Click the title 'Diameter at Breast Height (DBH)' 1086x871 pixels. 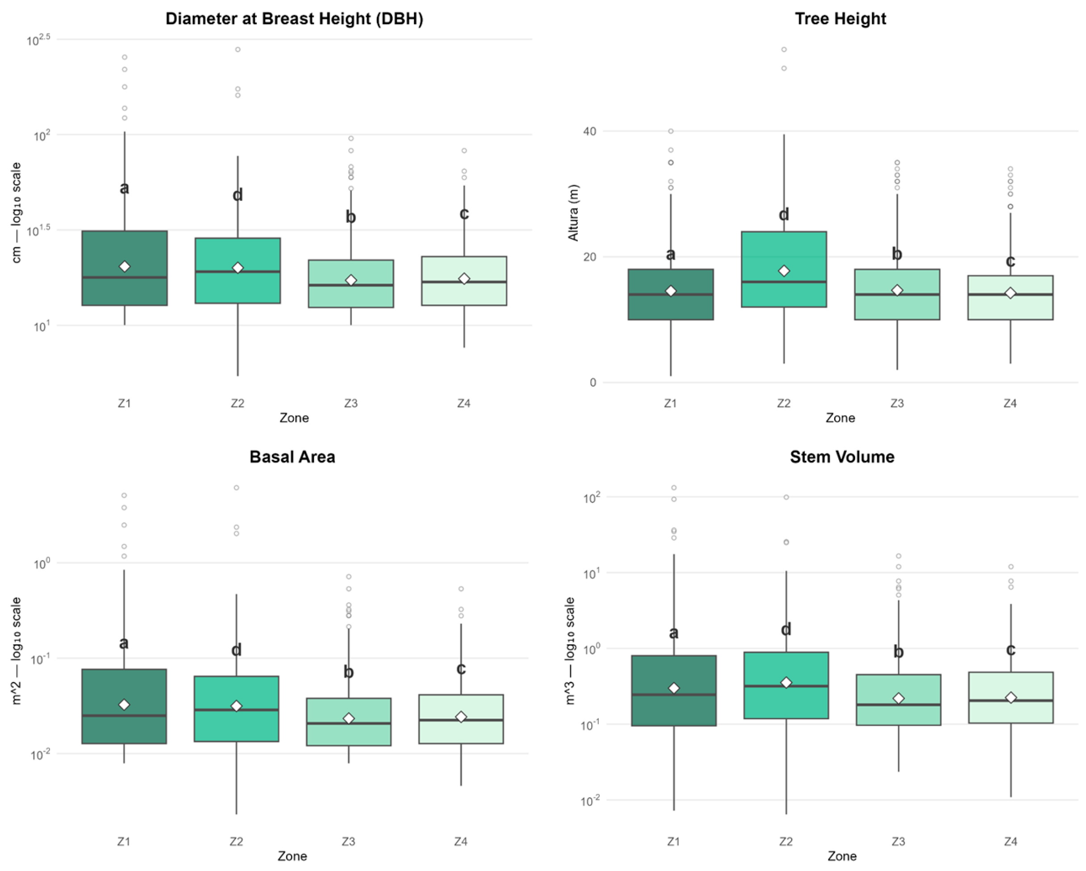294,19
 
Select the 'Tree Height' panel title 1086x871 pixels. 840,19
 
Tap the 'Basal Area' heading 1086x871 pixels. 292,457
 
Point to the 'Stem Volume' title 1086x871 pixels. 842,457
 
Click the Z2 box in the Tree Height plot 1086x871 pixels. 784,269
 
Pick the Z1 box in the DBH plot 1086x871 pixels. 125,268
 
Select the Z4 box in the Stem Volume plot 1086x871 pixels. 1011,698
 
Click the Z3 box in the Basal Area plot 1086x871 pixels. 349,722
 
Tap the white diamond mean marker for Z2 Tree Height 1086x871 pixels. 784,271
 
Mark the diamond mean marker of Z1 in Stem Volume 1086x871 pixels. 674,688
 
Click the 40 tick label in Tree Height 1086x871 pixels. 589,131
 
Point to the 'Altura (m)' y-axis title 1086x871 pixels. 574,213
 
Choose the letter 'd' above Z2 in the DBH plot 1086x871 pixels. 238,194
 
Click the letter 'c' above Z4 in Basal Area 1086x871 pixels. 461,669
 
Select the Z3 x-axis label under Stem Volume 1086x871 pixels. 898,841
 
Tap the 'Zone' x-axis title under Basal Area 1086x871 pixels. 292,856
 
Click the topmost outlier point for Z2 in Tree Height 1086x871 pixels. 784,50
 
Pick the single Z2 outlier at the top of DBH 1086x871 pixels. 238,50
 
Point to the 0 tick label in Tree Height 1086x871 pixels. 593,383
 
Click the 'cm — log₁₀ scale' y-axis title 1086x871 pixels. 17,213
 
